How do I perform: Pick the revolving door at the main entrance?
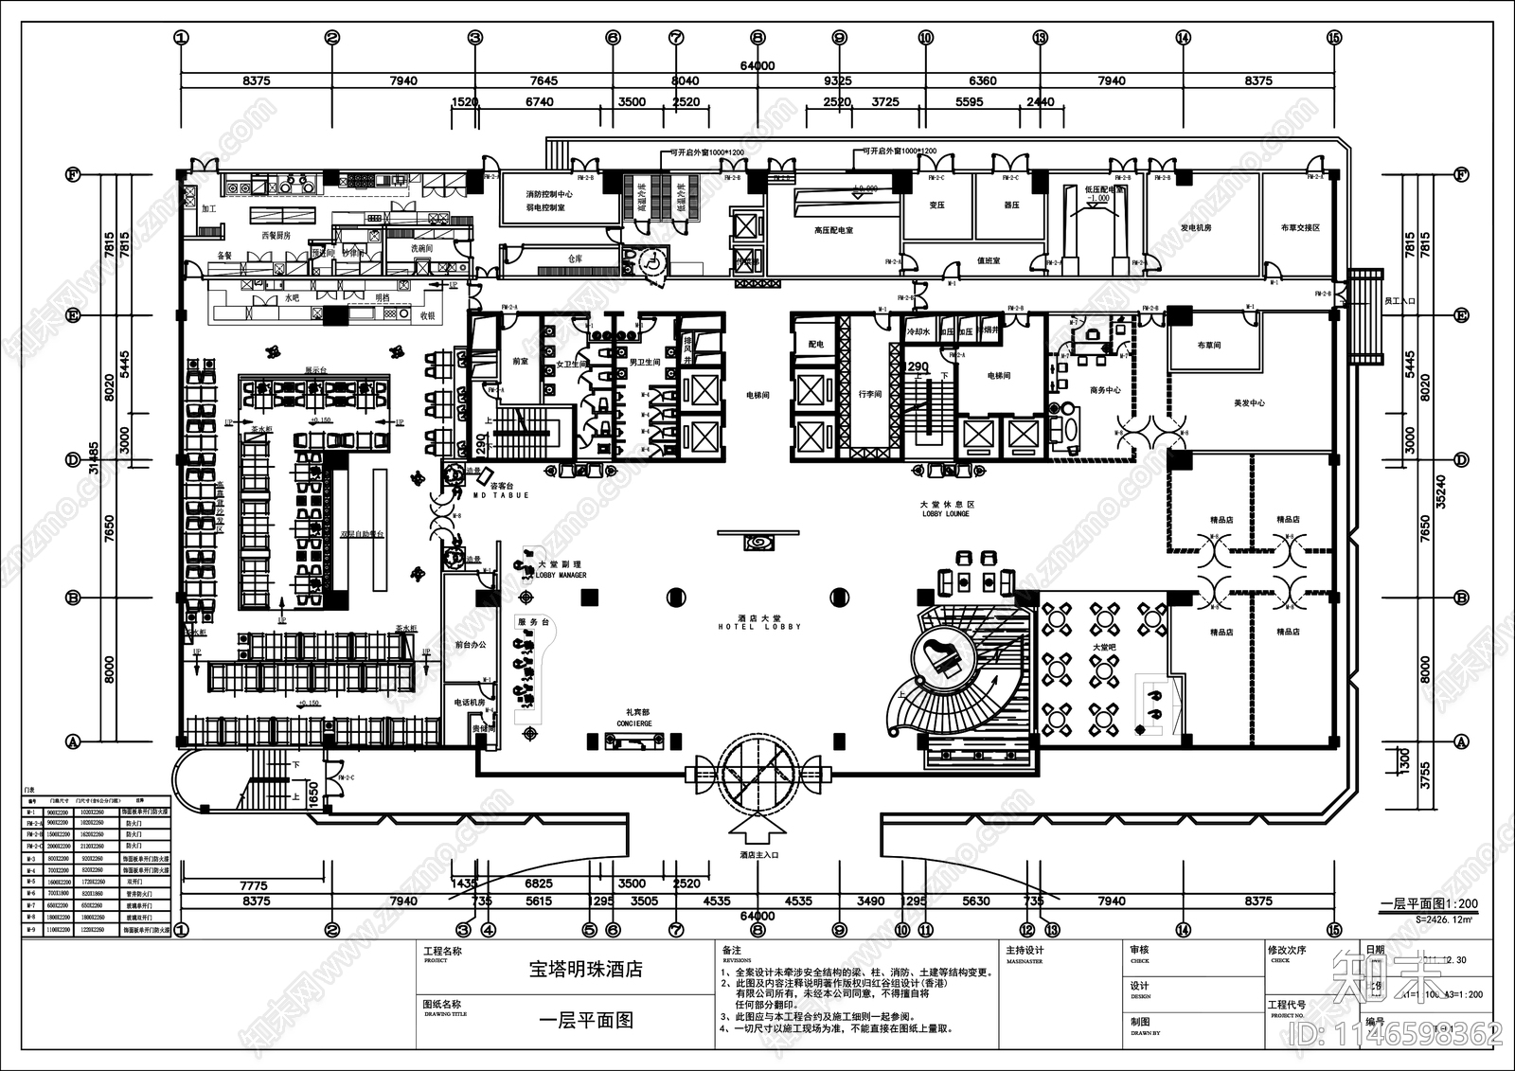[758, 776]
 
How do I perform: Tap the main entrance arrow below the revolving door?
[758, 830]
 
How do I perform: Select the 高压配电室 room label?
[833, 230]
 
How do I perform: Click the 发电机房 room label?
[1196, 228]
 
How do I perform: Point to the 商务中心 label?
[1105, 389]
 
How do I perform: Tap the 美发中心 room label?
[1249, 403]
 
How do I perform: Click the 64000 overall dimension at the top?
[757, 65]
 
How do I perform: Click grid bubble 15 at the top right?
[1334, 38]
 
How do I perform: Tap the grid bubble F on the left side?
[72, 174]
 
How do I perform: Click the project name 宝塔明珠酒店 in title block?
[585, 970]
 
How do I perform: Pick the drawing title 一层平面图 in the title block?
[585, 1021]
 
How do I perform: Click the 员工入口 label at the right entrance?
[1399, 301]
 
